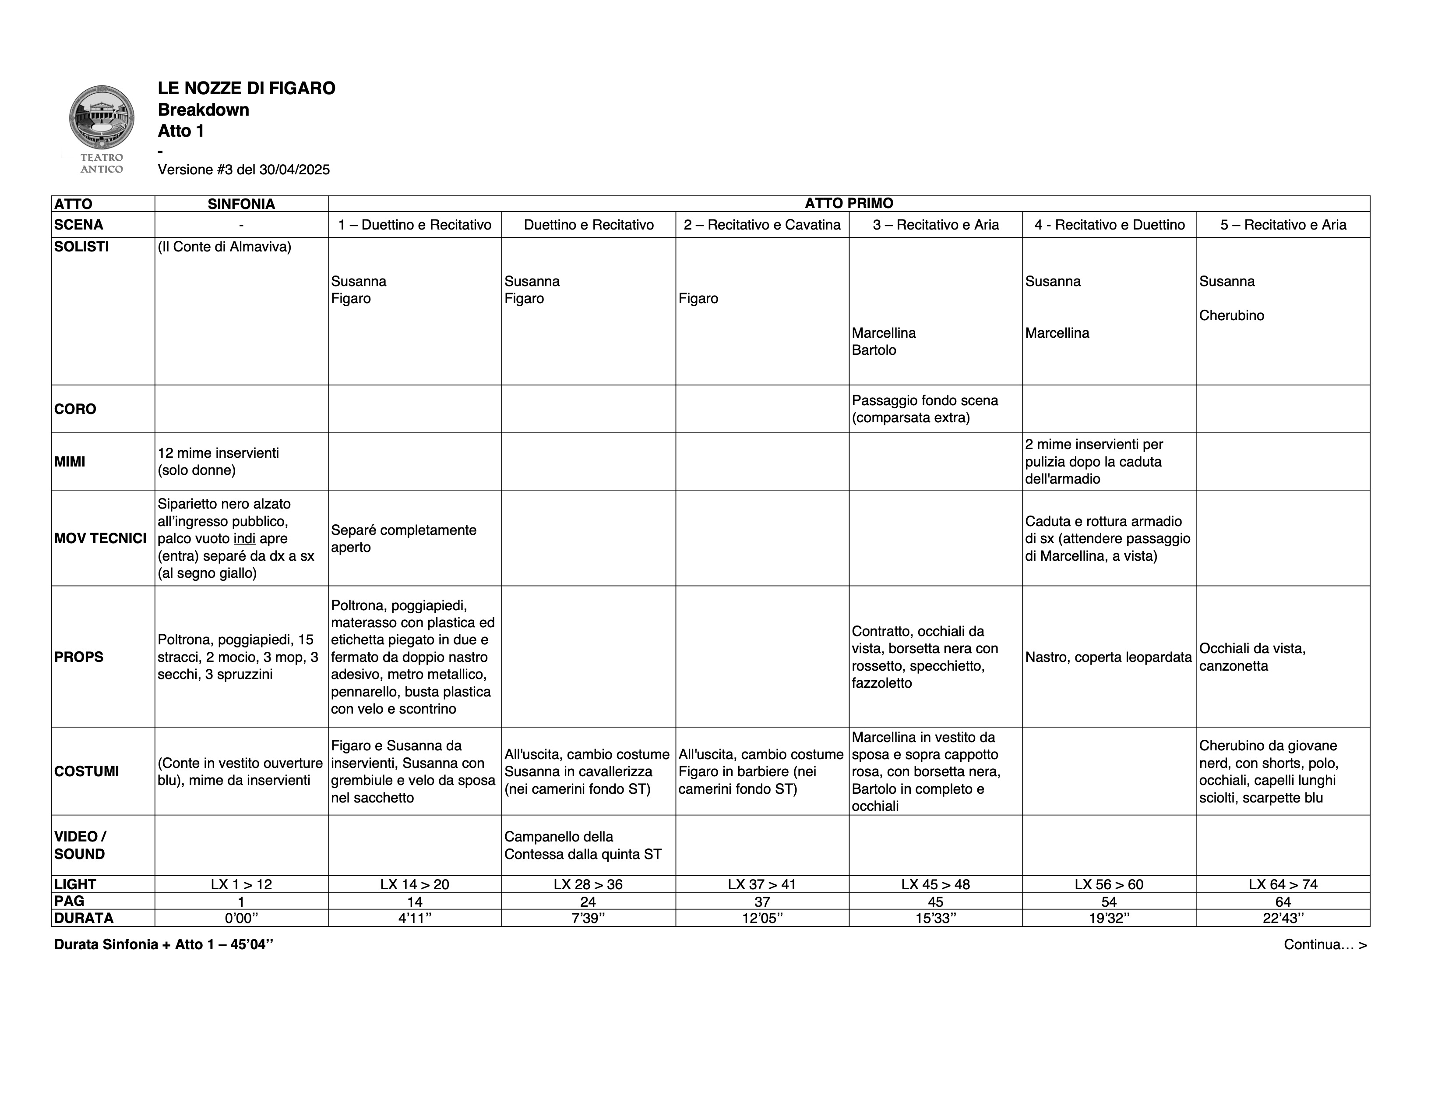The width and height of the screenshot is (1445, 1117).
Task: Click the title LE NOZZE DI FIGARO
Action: coord(246,88)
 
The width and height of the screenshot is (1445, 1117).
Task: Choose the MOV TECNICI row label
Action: coord(101,538)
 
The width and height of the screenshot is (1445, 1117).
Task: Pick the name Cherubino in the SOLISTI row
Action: coord(1231,316)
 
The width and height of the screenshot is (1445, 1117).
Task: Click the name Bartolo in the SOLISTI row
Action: coord(874,350)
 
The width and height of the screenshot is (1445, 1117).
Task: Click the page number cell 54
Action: coord(1109,901)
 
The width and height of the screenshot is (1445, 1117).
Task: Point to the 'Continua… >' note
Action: coord(1325,944)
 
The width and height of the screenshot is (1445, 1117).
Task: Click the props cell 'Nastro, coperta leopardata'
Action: coord(1108,657)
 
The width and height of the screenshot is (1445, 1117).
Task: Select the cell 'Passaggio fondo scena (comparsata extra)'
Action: coord(924,409)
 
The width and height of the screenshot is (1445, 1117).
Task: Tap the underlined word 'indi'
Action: coord(244,539)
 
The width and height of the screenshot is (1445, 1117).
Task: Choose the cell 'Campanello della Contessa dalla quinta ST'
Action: coord(582,845)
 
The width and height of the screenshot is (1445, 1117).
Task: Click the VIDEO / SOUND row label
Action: coord(80,845)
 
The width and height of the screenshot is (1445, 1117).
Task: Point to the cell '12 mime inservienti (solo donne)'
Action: coord(219,461)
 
